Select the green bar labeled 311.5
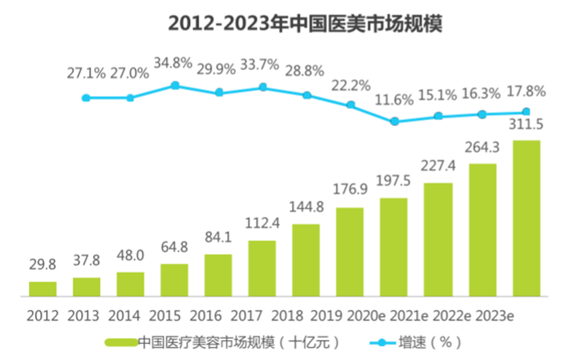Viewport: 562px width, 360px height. (x=526, y=218)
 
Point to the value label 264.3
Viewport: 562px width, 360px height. (x=482, y=148)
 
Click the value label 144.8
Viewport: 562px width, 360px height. (x=306, y=209)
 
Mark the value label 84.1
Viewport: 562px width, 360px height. (x=218, y=239)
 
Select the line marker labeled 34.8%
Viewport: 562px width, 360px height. (x=175, y=85)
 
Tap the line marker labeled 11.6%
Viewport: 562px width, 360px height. (x=394, y=121)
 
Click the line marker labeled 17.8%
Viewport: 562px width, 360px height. (x=526, y=112)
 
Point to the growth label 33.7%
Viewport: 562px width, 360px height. (x=260, y=66)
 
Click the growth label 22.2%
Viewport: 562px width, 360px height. (x=350, y=86)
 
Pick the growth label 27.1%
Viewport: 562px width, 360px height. (x=86, y=73)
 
